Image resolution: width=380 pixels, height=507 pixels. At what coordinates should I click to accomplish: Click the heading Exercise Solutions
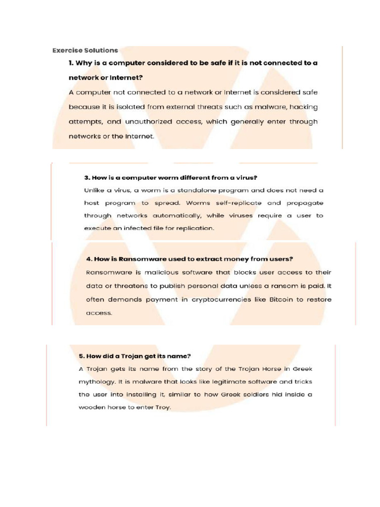(x=85, y=50)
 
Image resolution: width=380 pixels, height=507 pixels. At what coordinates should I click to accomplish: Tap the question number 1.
(x=71, y=63)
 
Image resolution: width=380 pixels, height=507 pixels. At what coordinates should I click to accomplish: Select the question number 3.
(x=86, y=177)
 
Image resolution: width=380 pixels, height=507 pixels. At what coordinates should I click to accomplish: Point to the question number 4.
(x=89, y=259)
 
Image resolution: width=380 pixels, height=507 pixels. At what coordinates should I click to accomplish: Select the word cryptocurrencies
(x=214, y=300)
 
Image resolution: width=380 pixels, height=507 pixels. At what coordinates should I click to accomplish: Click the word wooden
(x=92, y=408)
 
